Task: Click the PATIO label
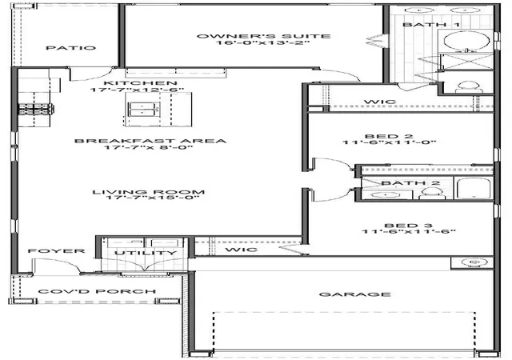coord(71,48)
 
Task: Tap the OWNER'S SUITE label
coord(263,36)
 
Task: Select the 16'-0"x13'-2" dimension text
coord(262,42)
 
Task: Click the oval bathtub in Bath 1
coord(466,41)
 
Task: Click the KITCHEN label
coord(141,83)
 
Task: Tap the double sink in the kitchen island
coord(143,109)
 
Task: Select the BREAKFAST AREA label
coord(150,141)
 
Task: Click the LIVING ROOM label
coord(149,192)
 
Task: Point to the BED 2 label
coord(389,136)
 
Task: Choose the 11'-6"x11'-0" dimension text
coord(390,142)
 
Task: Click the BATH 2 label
coord(410,183)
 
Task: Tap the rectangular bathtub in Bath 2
coord(473,188)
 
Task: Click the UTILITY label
coord(146,253)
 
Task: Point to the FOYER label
coord(57,251)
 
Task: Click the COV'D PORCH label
coord(97,291)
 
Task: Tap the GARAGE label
coord(355,294)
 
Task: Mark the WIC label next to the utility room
coord(242,250)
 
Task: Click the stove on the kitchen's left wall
coord(36,109)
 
